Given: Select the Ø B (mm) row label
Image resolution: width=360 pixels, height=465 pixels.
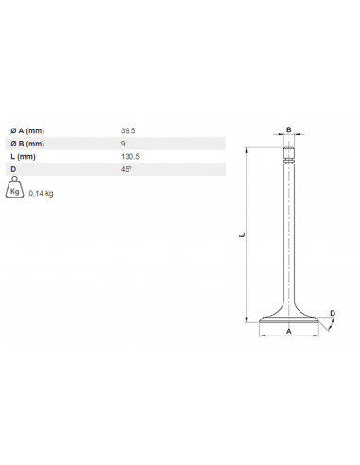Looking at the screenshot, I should [26, 143].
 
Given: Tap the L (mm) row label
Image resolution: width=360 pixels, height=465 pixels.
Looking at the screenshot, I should [22, 156].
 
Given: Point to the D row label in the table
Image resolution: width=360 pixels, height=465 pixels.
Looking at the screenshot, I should [12, 169].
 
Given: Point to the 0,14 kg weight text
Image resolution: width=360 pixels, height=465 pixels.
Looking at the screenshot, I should [42, 193].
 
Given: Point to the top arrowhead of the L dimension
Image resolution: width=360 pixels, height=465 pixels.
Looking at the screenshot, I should [248, 149].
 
